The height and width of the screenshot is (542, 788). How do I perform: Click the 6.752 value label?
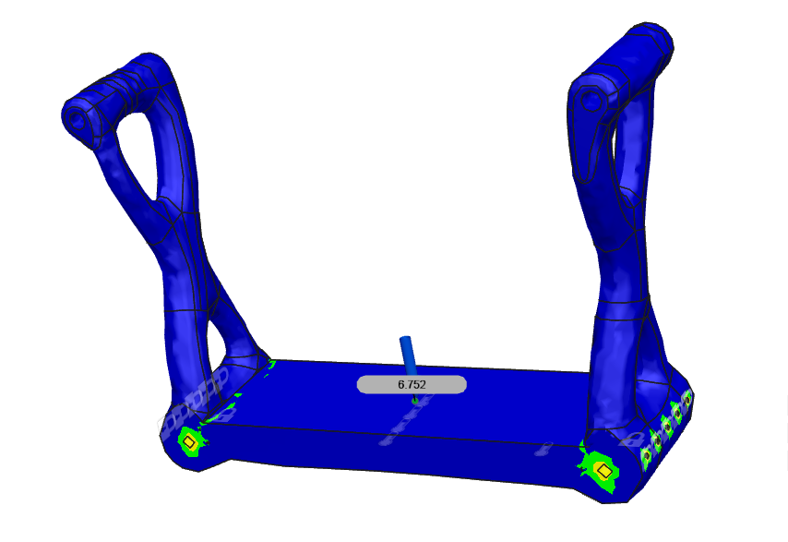coord(412,384)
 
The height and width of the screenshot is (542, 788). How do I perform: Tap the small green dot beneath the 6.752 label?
coord(414,401)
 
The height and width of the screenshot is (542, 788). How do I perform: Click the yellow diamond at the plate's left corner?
coord(189,443)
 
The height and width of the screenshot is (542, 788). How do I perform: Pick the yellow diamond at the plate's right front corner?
coord(603,471)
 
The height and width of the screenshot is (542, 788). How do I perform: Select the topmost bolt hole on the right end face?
coord(687,398)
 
